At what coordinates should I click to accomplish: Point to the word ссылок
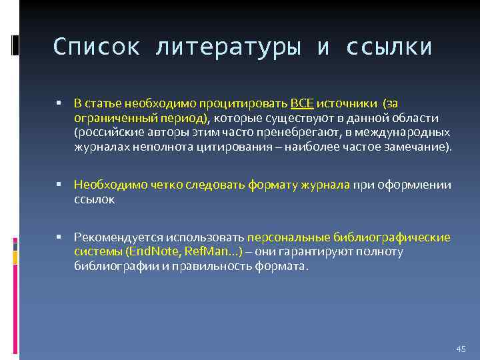94,199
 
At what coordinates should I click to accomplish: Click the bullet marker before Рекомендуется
59,237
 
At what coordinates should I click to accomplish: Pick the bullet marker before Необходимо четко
59,185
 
